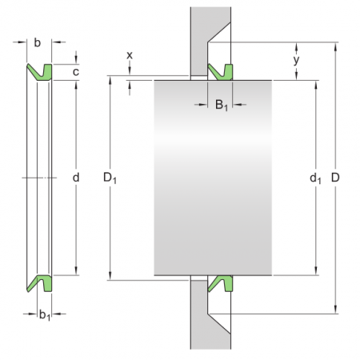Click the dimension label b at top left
(38, 42)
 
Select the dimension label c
(76, 72)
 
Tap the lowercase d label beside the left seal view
(76, 177)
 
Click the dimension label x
(130, 54)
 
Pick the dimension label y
(297, 60)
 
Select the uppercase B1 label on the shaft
(221, 104)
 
